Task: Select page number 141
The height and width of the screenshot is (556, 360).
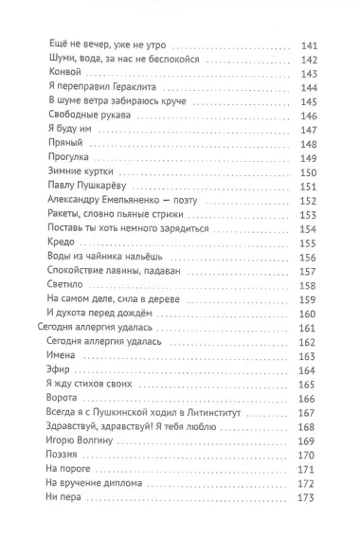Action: [307, 44]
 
